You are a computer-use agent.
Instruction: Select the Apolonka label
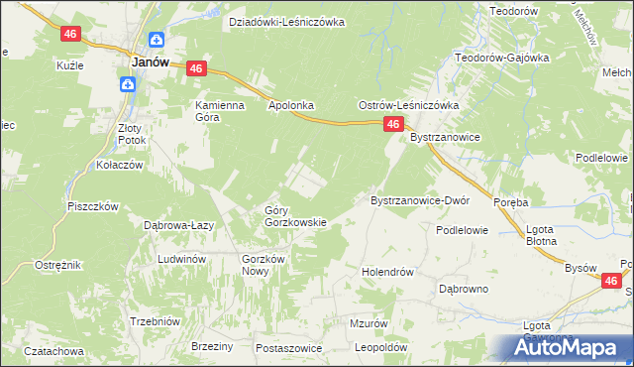coord(290,103)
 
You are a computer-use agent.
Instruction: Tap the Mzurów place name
coord(369,323)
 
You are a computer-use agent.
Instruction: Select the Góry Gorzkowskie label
coord(294,216)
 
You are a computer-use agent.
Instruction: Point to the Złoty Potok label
coord(131,134)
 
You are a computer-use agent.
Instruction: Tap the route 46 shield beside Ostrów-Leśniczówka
coord(393,124)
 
